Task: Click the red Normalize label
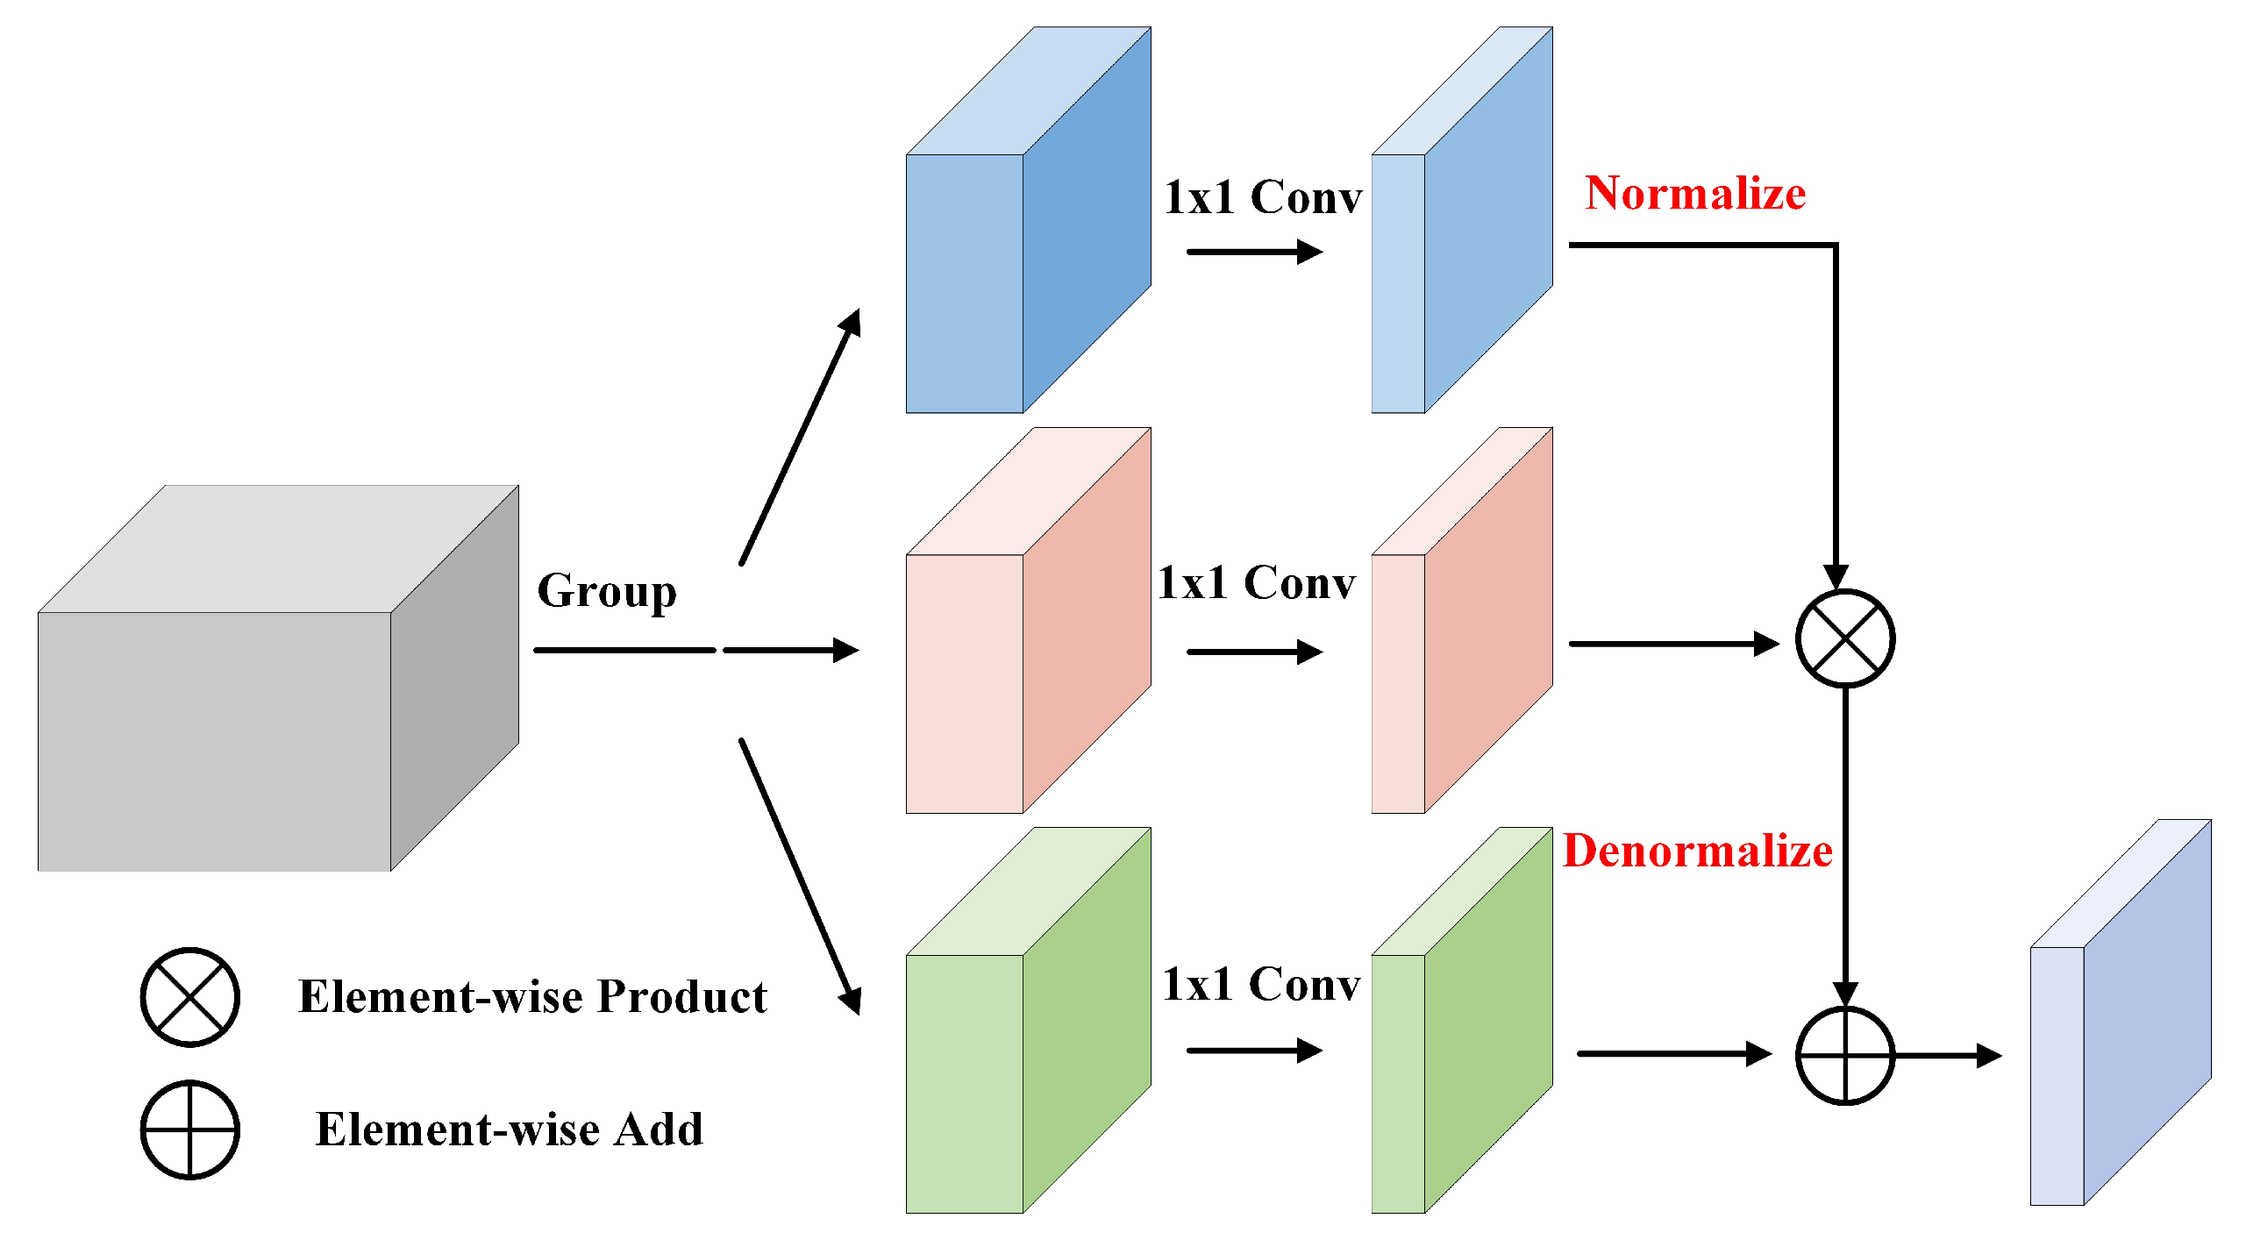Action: (1694, 193)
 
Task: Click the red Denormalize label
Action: (1697, 851)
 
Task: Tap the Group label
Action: (607, 591)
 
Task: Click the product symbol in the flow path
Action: (1845, 638)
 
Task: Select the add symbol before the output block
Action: (1845, 1055)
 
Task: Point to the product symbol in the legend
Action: (189, 997)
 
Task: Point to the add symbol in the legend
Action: (189, 1130)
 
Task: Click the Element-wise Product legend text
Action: (532, 997)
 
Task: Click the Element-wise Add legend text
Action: (509, 1130)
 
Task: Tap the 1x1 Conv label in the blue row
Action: (1263, 197)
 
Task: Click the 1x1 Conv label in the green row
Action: (1261, 984)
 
